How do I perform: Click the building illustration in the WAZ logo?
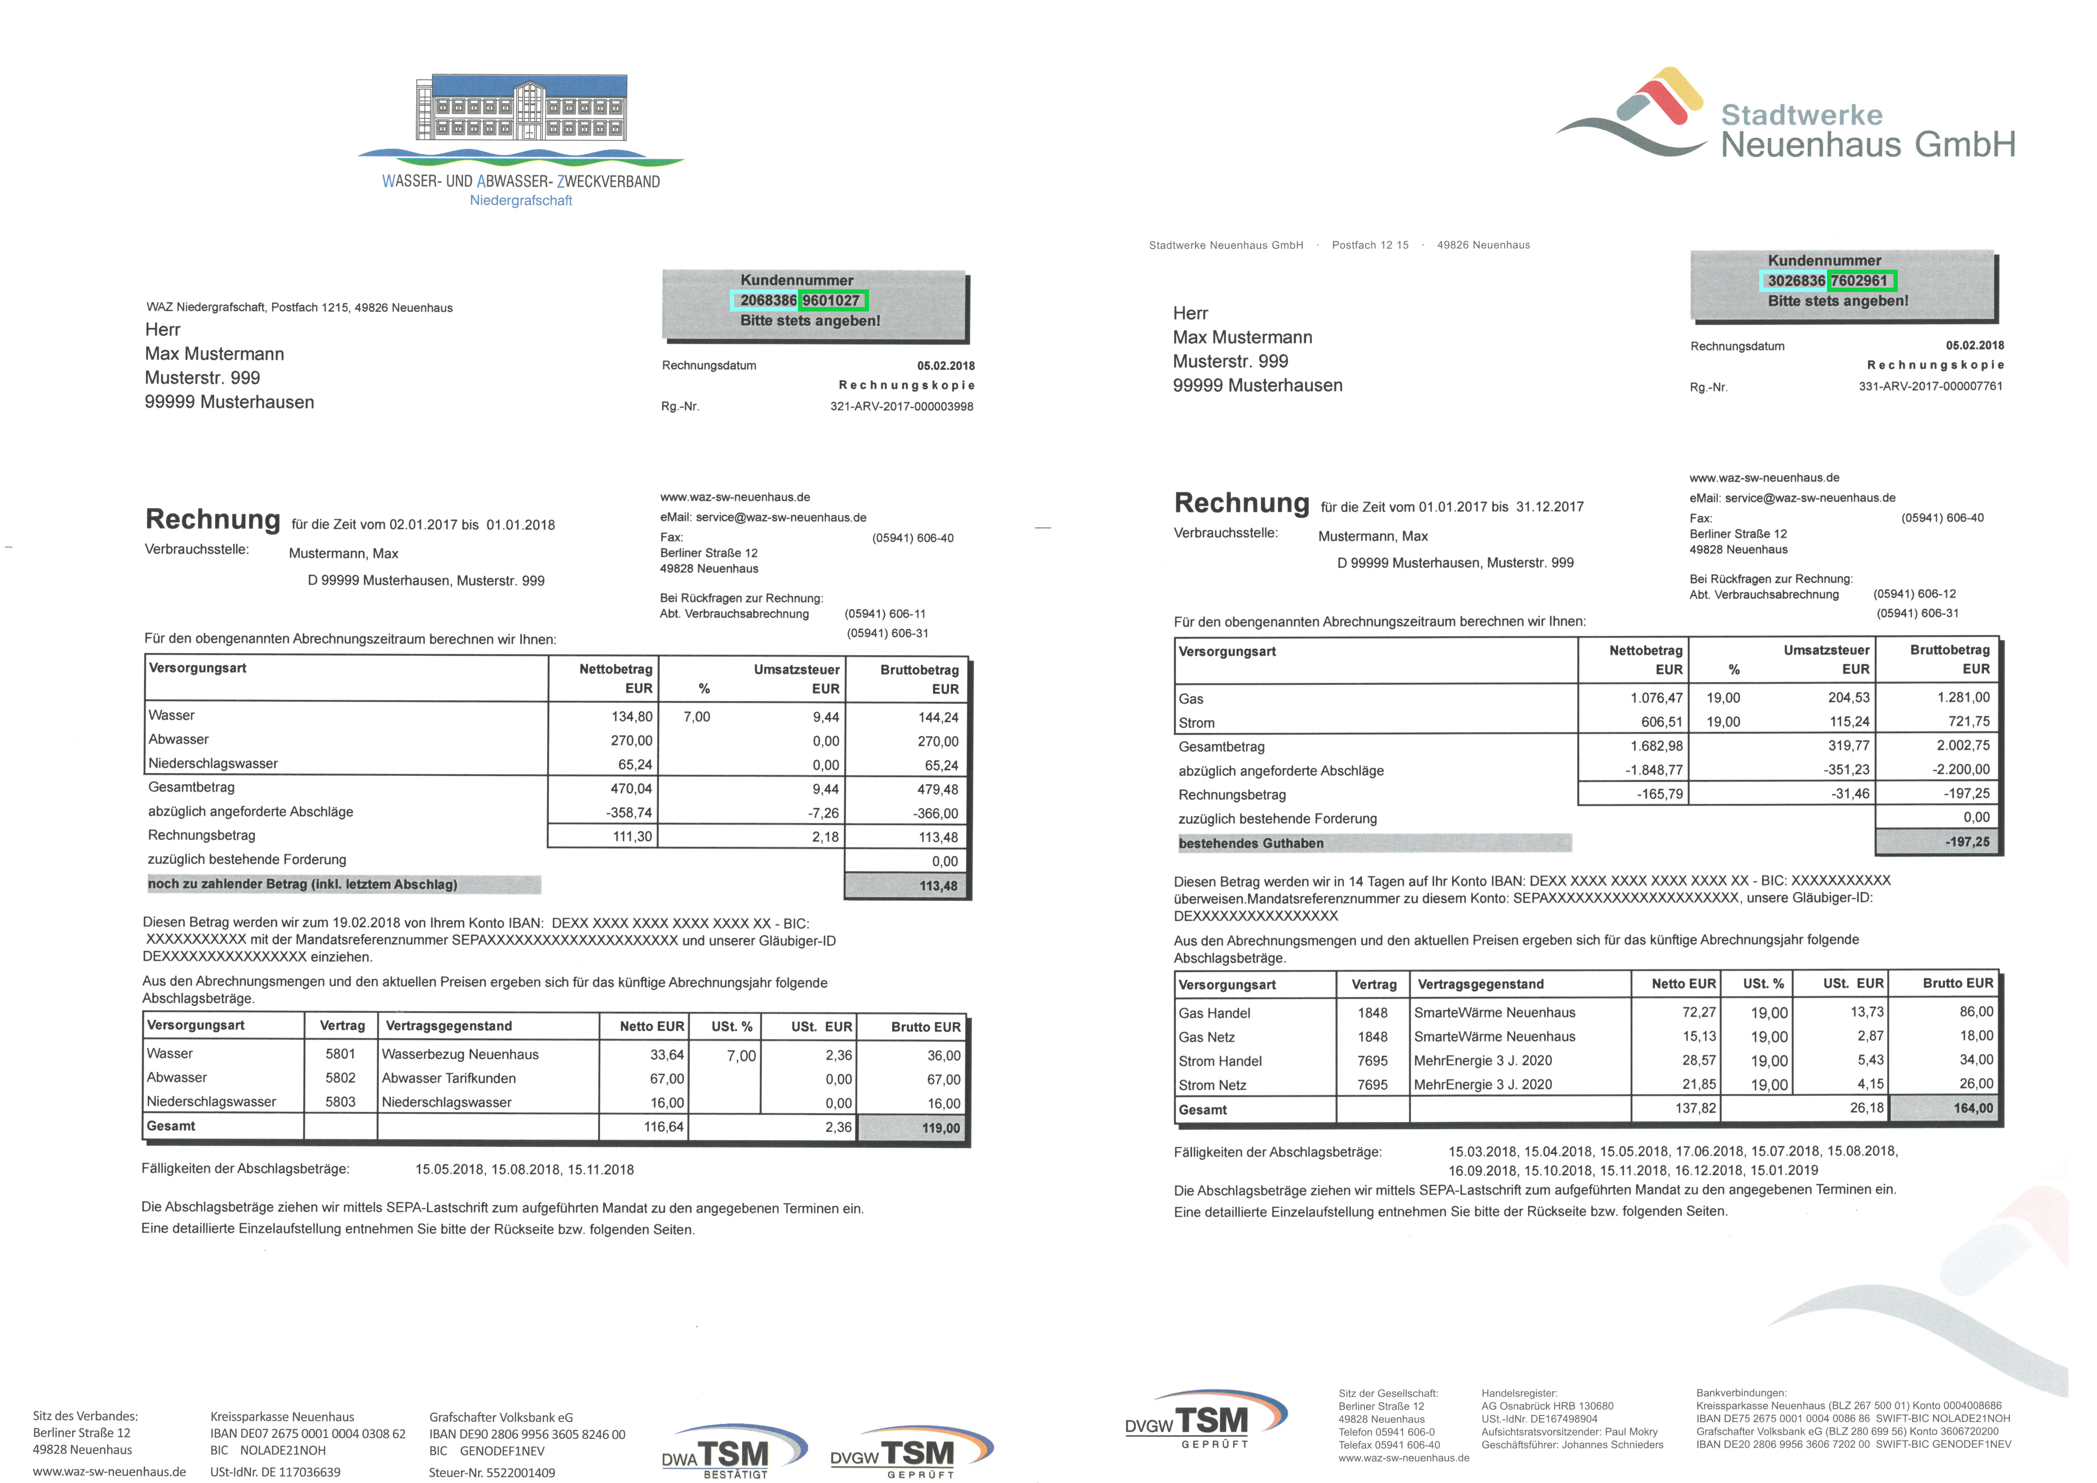[522, 108]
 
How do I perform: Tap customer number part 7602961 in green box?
[1860, 280]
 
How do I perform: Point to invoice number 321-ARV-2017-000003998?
[901, 406]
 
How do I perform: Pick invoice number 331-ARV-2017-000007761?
[1930, 386]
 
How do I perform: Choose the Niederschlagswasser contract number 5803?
[341, 1102]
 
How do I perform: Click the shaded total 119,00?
[940, 1128]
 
